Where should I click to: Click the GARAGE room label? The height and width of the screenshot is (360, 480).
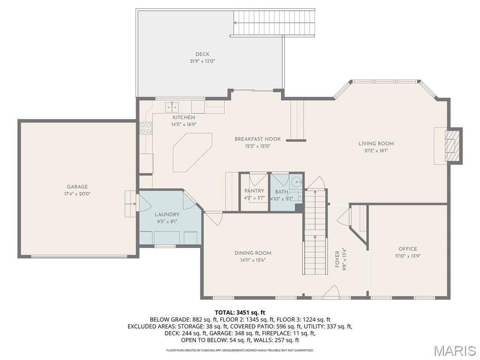[x=77, y=187]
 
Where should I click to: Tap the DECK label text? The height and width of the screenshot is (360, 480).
[x=202, y=54]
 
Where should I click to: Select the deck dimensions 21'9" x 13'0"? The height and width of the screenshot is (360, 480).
[x=202, y=61]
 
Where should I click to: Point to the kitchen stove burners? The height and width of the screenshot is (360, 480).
[x=146, y=128]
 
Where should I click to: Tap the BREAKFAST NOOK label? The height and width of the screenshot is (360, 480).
[x=257, y=139]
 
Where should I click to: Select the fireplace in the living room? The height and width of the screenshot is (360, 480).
[x=451, y=146]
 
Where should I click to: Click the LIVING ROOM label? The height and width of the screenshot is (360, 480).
[x=376, y=144]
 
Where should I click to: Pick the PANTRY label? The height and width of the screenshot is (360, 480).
[x=254, y=191]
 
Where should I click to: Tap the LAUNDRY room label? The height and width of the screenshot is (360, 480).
[x=167, y=215]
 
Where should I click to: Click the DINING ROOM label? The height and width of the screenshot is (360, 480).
[x=253, y=253]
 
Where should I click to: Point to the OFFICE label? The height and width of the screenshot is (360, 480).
[x=407, y=249]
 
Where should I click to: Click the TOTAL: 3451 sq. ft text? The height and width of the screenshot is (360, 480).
[x=240, y=312]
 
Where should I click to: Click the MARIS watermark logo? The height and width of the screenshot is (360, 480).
[x=455, y=351]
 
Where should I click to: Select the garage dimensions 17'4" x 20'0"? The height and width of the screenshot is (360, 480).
[x=77, y=194]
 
